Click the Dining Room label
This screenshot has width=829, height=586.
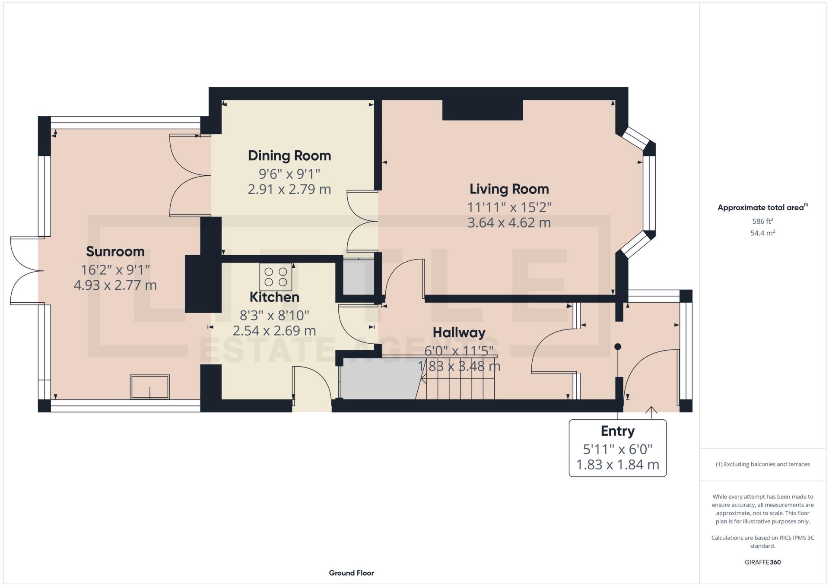[x=289, y=155]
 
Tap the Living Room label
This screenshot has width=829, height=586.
[x=509, y=189]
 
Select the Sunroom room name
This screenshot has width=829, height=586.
[x=115, y=251]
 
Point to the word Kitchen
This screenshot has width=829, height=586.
[x=274, y=297]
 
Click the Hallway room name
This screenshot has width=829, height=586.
[x=459, y=333]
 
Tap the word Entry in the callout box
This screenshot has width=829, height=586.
[x=618, y=431]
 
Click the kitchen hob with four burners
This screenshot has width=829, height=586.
[x=276, y=277]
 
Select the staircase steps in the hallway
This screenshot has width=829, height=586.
[x=457, y=378]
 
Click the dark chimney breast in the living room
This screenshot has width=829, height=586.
[x=483, y=110]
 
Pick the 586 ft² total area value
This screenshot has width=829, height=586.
[x=762, y=221]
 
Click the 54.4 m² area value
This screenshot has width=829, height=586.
[x=762, y=233]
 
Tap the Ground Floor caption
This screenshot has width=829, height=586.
[x=351, y=573]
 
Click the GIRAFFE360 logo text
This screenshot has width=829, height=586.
[x=762, y=562]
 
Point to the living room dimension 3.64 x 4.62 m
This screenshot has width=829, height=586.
[x=509, y=223]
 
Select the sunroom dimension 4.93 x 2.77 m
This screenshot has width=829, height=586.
[x=115, y=285]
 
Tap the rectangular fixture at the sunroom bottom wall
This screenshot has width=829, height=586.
[x=150, y=387]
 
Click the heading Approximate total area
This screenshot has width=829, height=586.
[x=762, y=207]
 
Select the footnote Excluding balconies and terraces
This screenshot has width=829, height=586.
[x=762, y=464]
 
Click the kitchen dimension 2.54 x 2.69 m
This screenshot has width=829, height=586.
[x=274, y=331]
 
